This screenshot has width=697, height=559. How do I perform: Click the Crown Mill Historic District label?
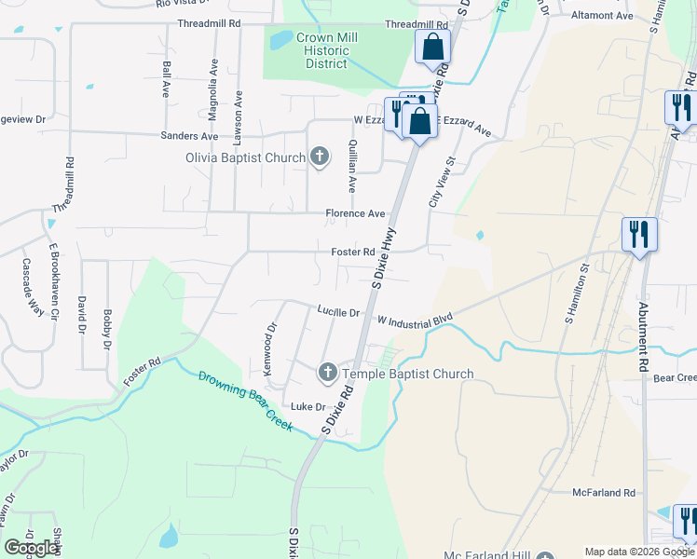[326, 50]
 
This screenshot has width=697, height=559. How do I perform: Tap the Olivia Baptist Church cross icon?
[320, 157]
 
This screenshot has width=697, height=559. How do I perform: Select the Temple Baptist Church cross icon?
[327, 373]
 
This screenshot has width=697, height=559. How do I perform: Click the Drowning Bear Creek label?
[246, 402]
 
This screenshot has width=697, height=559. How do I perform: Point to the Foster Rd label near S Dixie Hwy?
[353, 252]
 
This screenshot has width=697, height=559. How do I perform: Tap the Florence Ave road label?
[355, 213]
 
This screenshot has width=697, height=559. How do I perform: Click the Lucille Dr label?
[337, 312]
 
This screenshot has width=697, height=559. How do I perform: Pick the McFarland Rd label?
[603, 492]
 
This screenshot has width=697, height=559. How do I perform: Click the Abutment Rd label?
[643, 336]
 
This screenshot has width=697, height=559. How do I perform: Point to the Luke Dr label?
[307, 406]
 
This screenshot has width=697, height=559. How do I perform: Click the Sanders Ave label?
[189, 136]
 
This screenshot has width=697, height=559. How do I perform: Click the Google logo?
[31, 547]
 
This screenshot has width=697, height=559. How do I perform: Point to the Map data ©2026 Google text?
[638, 552]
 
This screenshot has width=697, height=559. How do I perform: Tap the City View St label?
[443, 182]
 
